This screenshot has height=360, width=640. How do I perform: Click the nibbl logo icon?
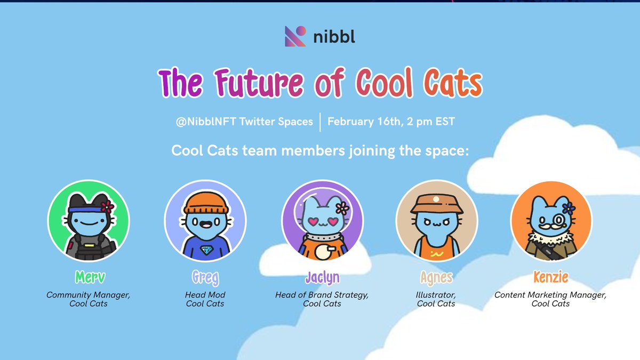(x=295, y=36)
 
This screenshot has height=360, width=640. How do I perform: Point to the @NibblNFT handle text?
(x=205, y=122)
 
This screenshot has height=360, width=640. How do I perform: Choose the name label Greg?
(x=205, y=278)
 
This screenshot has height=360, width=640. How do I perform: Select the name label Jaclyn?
(x=322, y=278)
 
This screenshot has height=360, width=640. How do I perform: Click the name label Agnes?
(x=436, y=278)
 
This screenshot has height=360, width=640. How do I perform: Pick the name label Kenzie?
(x=550, y=278)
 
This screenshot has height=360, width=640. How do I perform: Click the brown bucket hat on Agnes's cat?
(x=436, y=203)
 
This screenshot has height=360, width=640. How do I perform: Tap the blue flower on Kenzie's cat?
(x=570, y=206)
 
